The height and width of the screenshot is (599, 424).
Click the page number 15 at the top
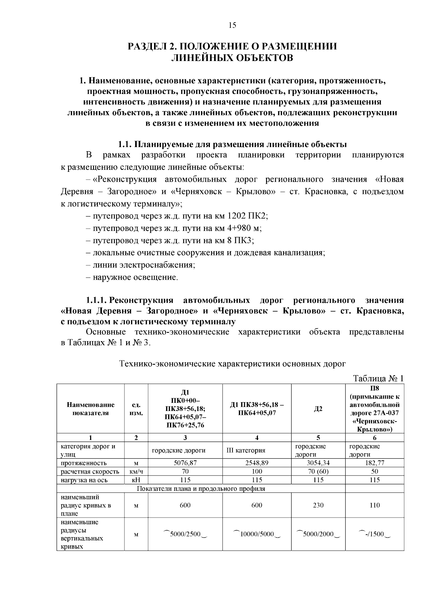coord(232,25)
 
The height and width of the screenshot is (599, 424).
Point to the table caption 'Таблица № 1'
coord(378,379)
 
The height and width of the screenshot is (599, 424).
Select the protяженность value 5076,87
coord(185,463)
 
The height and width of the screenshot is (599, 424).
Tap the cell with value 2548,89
coord(257,463)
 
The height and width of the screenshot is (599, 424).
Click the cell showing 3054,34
coord(318,463)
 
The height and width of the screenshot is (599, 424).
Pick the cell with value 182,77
coord(375,463)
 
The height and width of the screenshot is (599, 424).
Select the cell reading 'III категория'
coord(246,450)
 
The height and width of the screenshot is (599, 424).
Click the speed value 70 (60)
coord(318,471)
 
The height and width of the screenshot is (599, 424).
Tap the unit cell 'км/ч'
coord(136,471)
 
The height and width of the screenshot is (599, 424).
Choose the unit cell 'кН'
coord(136,480)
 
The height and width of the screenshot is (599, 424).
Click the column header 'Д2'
coord(318,409)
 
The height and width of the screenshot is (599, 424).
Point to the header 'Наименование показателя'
coord(90,409)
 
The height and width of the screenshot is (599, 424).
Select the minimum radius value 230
coord(318,505)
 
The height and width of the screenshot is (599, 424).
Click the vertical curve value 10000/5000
coord(257,534)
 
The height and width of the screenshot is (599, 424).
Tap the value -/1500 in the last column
coord(375,534)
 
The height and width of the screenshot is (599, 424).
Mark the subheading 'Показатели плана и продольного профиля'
coord(201,489)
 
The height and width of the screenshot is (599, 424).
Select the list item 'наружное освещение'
coord(135,277)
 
